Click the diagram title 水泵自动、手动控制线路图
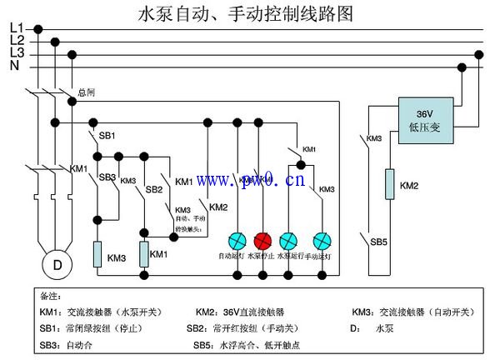(x=245, y=14)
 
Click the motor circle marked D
(x=57, y=265)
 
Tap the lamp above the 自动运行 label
(x=236, y=240)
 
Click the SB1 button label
(x=107, y=135)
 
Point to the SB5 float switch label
(x=379, y=242)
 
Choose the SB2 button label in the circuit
(x=154, y=189)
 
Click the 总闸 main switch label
(x=86, y=92)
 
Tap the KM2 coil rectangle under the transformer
(x=389, y=184)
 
